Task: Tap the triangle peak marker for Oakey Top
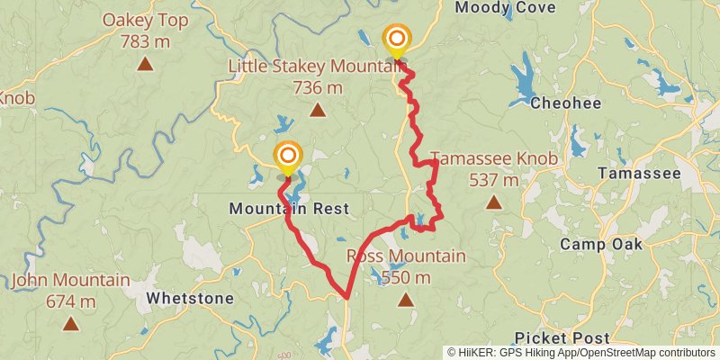144,64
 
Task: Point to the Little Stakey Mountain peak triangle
317,111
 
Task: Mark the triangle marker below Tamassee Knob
493,202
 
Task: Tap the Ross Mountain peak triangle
405,300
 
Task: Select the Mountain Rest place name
288,209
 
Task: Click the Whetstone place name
190,298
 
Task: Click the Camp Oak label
601,244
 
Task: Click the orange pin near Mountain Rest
287,157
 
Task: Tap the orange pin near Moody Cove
396,40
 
